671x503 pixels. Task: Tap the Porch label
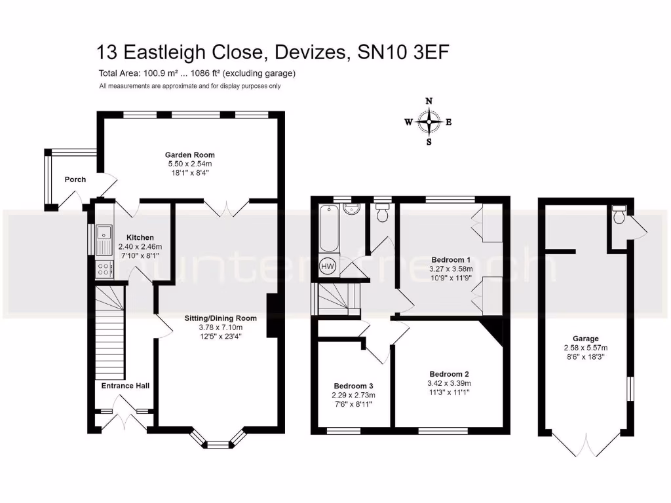[x=75, y=179]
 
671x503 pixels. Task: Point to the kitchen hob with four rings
[x=104, y=268]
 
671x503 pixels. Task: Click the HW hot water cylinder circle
[x=327, y=267]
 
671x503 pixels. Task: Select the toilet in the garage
[x=617, y=213]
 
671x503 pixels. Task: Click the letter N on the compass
[x=429, y=102]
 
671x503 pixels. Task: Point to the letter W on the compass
[x=408, y=122]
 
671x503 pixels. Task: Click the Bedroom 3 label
[x=353, y=386]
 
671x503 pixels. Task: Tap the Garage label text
[x=585, y=339]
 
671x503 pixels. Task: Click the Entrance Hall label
[x=125, y=386]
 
